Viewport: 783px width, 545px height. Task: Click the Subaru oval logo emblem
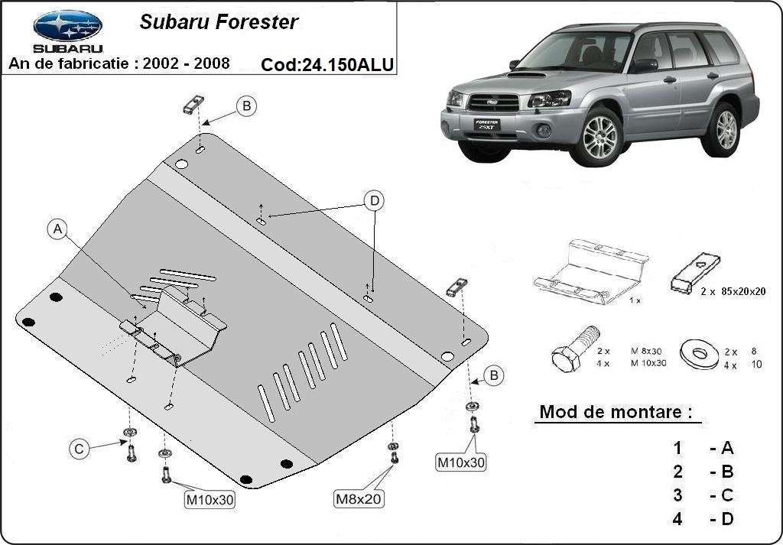click(x=67, y=26)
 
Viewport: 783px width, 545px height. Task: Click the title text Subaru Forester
click(x=219, y=22)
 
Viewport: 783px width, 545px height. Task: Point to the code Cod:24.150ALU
click(x=327, y=64)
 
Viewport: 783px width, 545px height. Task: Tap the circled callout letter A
click(x=58, y=229)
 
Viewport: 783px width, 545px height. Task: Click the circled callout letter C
click(x=79, y=449)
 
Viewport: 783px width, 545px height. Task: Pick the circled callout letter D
click(x=374, y=201)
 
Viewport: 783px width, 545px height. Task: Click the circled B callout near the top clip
click(x=246, y=106)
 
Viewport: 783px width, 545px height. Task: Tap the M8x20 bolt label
click(x=359, y=499)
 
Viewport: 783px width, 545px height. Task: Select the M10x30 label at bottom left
click(x=210, y=500)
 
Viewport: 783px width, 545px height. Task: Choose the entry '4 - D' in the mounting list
click(x=703, y=519)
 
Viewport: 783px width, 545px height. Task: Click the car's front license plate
click(x=486, y=125)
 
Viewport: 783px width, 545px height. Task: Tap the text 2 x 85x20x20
click(x=732, y=291)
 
